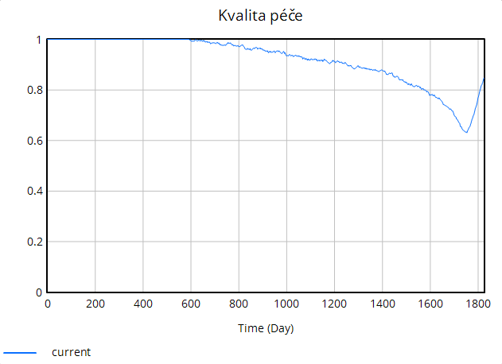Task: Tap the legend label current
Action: [72, 352]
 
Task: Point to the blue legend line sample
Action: [20, 352]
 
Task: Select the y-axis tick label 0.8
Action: [32, 90]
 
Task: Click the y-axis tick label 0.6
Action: [32, 141]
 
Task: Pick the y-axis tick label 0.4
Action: [32, 192]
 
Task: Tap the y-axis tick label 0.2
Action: [32, 242]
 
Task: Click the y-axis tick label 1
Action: [37, 40]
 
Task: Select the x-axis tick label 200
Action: [95, 304]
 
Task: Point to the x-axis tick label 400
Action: [143, 304]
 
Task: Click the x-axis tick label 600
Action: [191, 304]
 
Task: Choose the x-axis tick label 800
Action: [239, 304]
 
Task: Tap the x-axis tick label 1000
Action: [286, 304]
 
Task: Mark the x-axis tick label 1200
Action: [334, 304]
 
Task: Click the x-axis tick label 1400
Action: [382, 304]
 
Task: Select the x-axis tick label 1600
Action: [430, 304]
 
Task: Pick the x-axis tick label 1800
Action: [477, 304]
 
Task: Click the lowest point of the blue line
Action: [466, 132]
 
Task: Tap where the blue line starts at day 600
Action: [191, 40]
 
